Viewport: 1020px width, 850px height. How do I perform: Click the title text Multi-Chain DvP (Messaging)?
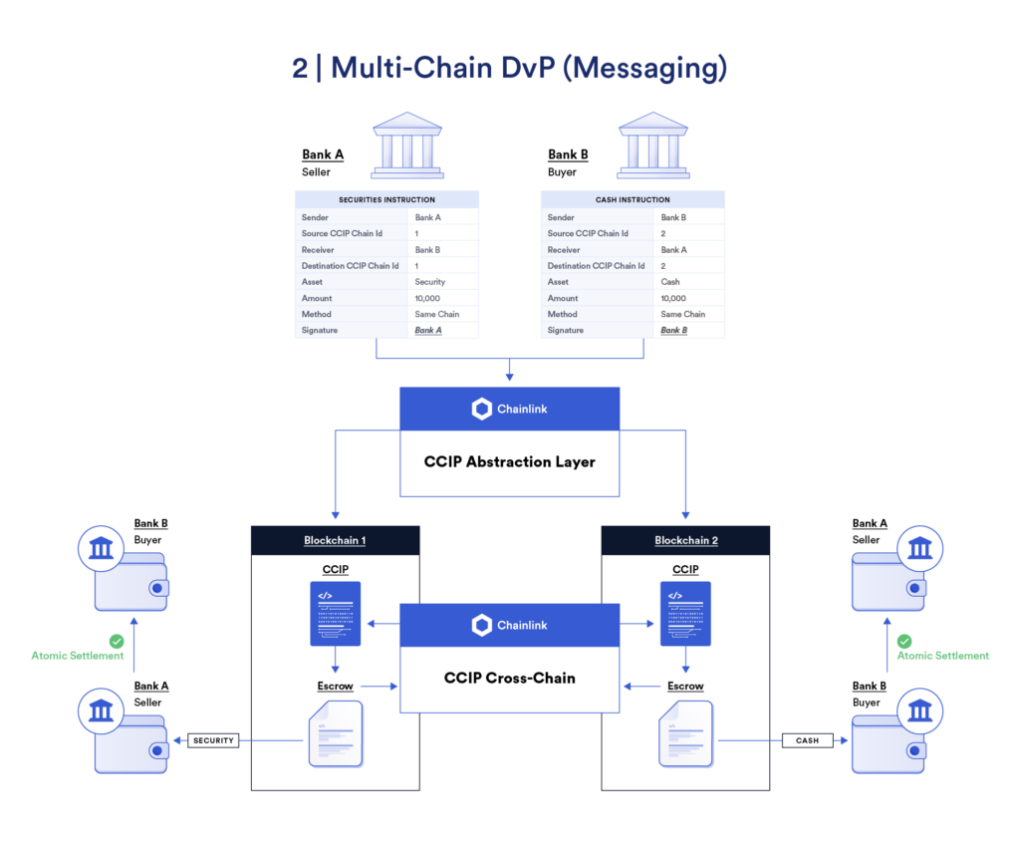pos(528,68)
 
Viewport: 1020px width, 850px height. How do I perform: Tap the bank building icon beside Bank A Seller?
pos(406,144)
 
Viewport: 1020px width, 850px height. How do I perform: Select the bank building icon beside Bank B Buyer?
pos(652,144)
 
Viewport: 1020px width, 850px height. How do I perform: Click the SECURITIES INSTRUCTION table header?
pos(386,199)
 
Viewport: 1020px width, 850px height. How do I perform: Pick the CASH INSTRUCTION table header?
pos(633,199)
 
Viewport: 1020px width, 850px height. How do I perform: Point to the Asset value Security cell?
pos(430,282)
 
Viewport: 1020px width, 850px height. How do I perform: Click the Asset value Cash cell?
pos(670,282)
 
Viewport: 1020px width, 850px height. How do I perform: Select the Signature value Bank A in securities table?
pos(428,330)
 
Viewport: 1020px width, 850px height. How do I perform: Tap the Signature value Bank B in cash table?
pos(674,330)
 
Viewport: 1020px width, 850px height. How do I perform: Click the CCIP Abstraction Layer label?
pos(509,461)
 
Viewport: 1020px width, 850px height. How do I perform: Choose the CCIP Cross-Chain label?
pos(509,678)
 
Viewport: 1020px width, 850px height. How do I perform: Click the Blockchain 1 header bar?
pos(335,540)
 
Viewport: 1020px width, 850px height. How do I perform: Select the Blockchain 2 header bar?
pos(685,540)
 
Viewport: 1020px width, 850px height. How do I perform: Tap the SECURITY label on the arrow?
pos(213,740)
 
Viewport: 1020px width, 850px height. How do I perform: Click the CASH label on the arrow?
pos(807,740)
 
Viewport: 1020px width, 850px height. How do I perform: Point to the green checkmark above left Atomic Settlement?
pos(117,642)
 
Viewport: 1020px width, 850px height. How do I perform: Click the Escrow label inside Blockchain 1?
pos(335,686)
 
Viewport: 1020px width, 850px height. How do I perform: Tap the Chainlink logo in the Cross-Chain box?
pos(482,625)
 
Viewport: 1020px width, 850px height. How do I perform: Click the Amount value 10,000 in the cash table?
pos(673,298)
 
